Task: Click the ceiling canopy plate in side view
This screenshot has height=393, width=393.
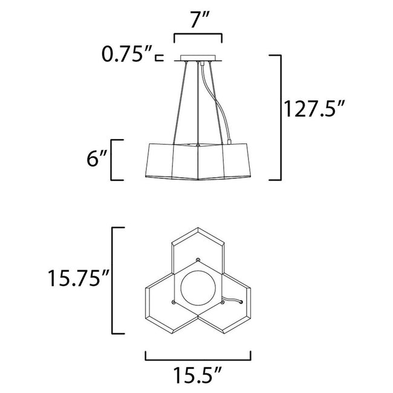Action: pyautogui.click(x=198, y=59)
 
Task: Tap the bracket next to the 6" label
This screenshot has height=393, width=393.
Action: pyautogui.click(x=116, y=160)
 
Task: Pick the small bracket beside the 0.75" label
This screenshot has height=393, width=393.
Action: pyautogui.click(x=159, y=58)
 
